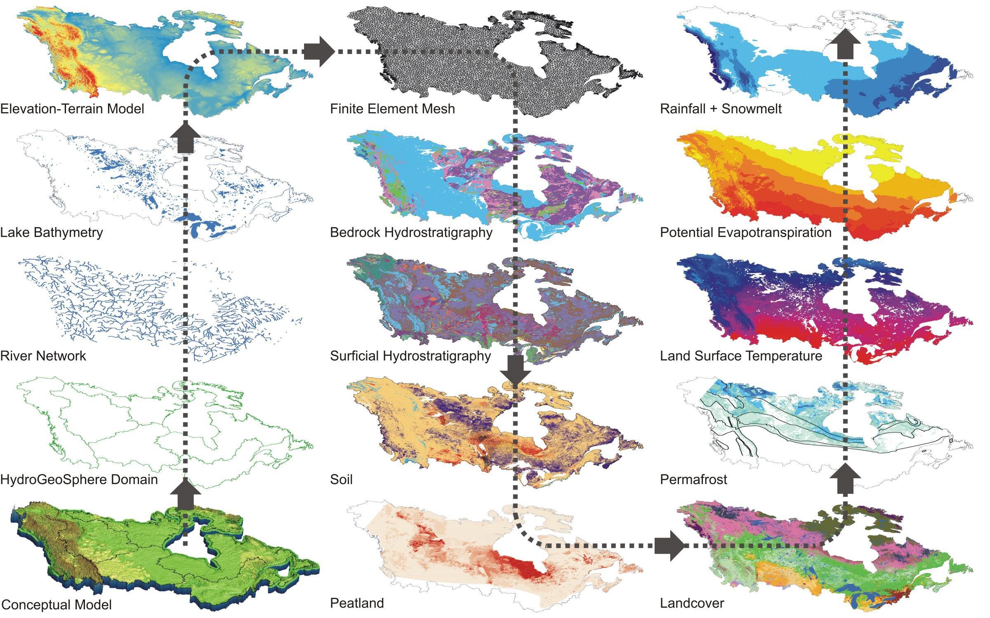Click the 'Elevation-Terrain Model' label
(x=72, y=109)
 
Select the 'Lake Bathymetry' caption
(x=52, y=233)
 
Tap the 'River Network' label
(x=43, y=356)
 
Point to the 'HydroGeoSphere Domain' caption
(x=79, y=479)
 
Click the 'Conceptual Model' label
(x=56, y=604)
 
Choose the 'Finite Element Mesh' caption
(x=392, y=109)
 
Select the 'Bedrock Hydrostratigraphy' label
(x=411, y=233)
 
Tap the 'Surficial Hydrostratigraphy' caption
(x=410, y=356)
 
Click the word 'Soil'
(x=341, y=479)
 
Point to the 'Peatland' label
(x=357, y=603)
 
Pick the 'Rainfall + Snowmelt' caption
(x=721, y=109)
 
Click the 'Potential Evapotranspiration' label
(x=746, y=233)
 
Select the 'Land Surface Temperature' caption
(x=741, y=356)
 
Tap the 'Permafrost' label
(x=693, y=479)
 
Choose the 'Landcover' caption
(x=692, y=603)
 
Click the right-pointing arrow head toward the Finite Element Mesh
(x=320, y=52)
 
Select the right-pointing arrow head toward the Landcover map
(x=670, y=546)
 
